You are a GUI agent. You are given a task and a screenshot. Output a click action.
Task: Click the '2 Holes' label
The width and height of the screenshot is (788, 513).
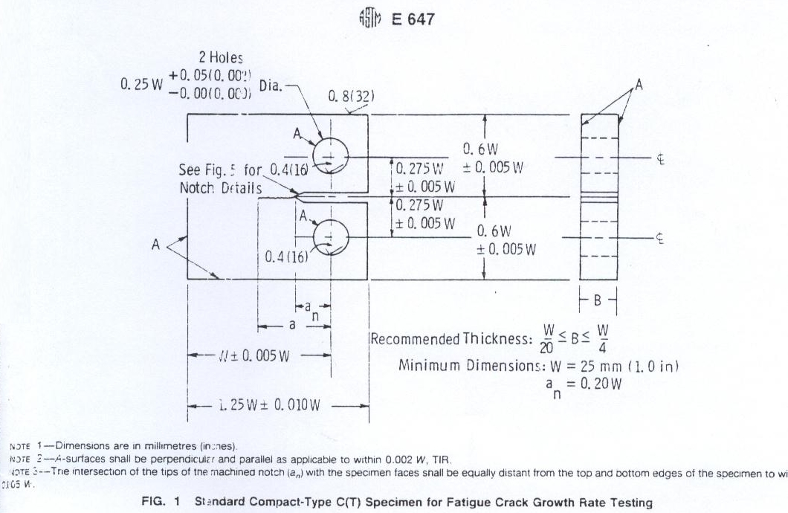tap(221, 57)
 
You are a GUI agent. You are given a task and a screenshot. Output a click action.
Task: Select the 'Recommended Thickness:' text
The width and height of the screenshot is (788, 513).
tap(451, 340)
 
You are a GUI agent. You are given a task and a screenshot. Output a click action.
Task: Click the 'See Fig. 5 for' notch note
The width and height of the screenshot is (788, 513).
tap(222, 170)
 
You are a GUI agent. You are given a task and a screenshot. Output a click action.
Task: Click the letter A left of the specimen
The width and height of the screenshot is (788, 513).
tap(156, 245)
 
